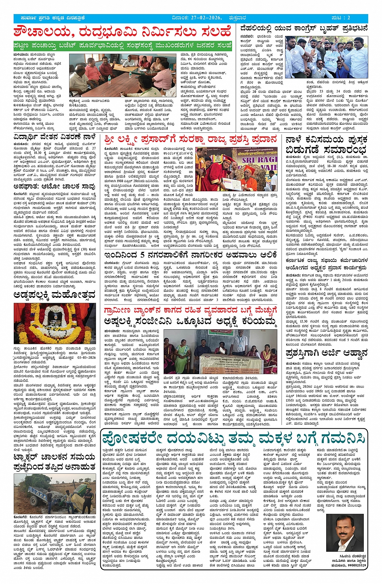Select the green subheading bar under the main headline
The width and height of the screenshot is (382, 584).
pyautogui.click(x=122, y=45)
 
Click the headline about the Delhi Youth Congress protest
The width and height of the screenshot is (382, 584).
pyautogui.click(x=304, y=28)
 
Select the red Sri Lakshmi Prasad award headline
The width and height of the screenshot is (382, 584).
pyautogui.click(x=189, y=140)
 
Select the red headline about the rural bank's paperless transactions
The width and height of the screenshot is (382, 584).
pyautogui.click(x=190, y=310)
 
